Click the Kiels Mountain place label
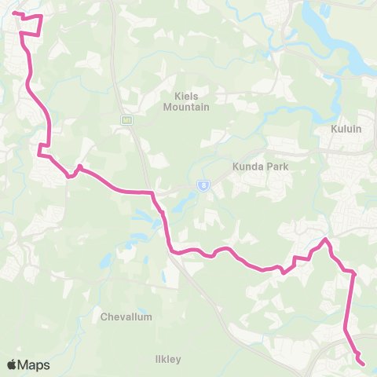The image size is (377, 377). (186, 101)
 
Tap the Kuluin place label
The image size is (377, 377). (346, 128)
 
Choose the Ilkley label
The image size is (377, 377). (168, 359)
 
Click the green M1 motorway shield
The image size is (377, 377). (126, 119)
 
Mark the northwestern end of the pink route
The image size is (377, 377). (14, 13)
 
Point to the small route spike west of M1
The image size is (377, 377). (79, 166)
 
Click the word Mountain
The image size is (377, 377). (186, 107)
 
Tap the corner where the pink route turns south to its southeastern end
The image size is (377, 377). (353, 273)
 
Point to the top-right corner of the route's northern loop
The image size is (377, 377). (41, 16)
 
